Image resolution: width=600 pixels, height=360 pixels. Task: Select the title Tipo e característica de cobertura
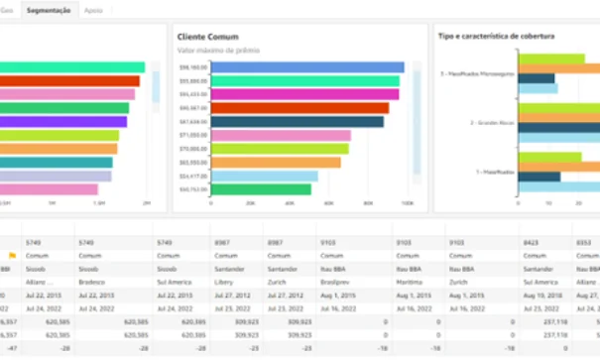tap(496, 36)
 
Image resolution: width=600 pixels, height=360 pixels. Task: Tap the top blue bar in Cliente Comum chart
tap(307, 67)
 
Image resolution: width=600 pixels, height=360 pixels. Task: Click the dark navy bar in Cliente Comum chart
tap(297, 122)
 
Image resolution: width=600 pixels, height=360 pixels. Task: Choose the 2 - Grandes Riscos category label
tap(494, 122)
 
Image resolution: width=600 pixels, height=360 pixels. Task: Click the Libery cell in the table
tap(222, 282)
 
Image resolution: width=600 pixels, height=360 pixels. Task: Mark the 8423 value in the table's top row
tap(531, 240)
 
